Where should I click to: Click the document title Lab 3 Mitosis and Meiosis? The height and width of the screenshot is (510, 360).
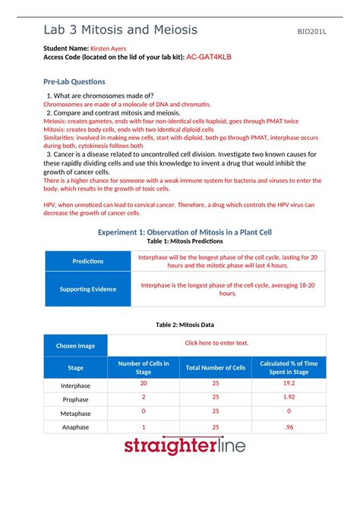click(x=121, y=30)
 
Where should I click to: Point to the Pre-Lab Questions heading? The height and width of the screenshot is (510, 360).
click(x=74, y=81)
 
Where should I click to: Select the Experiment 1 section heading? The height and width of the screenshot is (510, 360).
click(x=179, y=231)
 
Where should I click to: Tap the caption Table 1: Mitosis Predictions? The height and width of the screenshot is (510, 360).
click(x=179, y=241)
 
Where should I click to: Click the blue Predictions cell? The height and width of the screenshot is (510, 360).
click(x=87, y=261)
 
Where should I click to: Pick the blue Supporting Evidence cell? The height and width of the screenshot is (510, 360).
click(x=87, y=288)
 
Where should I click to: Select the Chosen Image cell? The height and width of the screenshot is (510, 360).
click(x=76, y=345)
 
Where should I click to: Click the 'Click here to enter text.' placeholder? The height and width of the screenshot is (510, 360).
click(x=216, y=342)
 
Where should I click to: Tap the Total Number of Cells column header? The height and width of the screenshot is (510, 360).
click(x=216, y=367)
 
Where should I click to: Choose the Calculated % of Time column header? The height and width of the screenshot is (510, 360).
click(x=289, y=367)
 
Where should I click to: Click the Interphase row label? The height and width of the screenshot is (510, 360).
click(x=76, y=385)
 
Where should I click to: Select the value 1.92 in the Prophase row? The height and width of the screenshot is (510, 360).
click(x=289, y=397)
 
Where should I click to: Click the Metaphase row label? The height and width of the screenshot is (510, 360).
click(x=76, y=413)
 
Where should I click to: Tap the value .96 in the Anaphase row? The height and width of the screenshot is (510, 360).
click(x=289, y=427)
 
